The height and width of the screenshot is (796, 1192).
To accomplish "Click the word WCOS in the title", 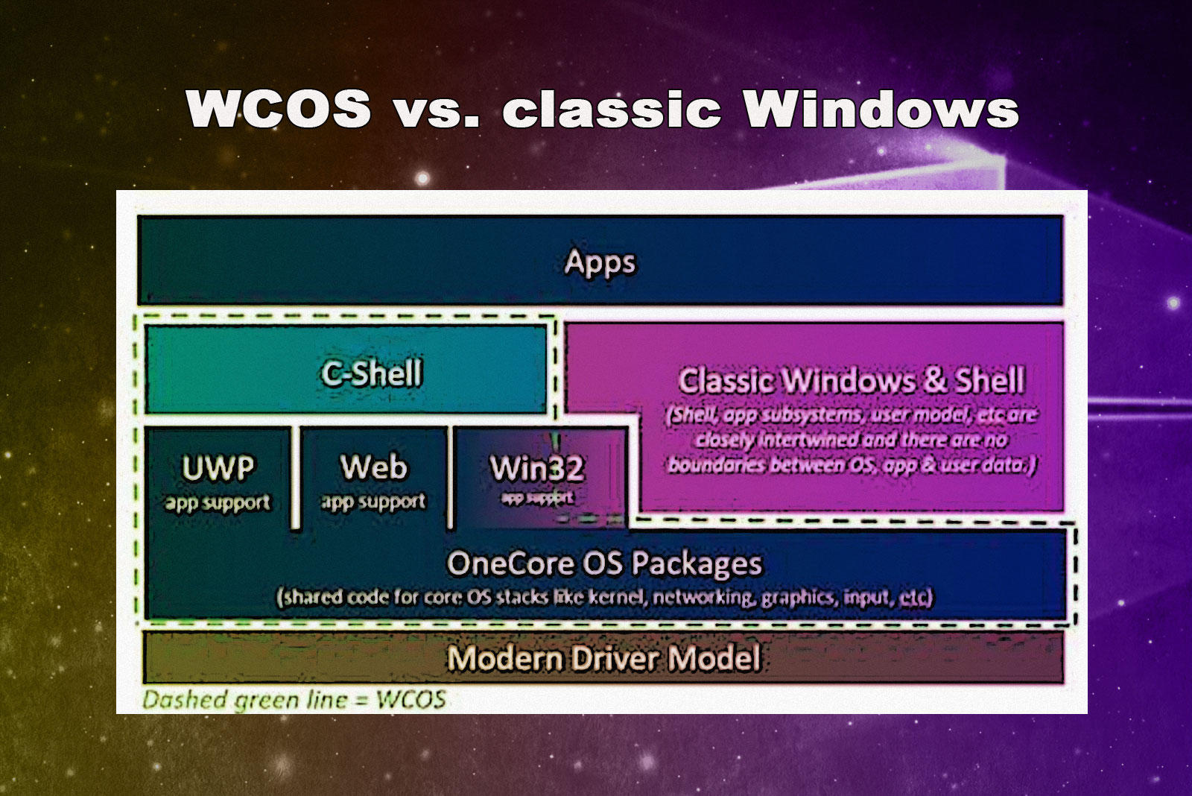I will point(278,109).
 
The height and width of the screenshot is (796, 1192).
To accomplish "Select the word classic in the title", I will point(612,110).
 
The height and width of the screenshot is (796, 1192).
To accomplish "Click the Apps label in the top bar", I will point(600,262).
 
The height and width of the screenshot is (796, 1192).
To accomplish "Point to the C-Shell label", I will point(371,373).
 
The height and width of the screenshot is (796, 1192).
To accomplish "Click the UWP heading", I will point(218,468).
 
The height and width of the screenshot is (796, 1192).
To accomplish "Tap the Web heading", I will point(374,468).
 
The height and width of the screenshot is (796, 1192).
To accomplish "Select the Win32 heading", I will point(536,470).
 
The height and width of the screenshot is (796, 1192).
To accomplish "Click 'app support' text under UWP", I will point(218,503).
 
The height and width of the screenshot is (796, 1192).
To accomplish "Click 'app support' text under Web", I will point(374,502).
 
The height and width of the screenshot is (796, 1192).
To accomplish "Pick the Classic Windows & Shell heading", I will point(852,381).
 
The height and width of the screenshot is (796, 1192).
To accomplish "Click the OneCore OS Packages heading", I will point(604,563).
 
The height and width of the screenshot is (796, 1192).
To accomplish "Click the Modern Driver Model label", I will point(603,658).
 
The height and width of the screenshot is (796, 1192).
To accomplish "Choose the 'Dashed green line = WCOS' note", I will point(294,700).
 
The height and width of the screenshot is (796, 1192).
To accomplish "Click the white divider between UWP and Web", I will point(296,477).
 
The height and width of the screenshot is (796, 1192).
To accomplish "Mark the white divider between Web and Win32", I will point(451,477).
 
